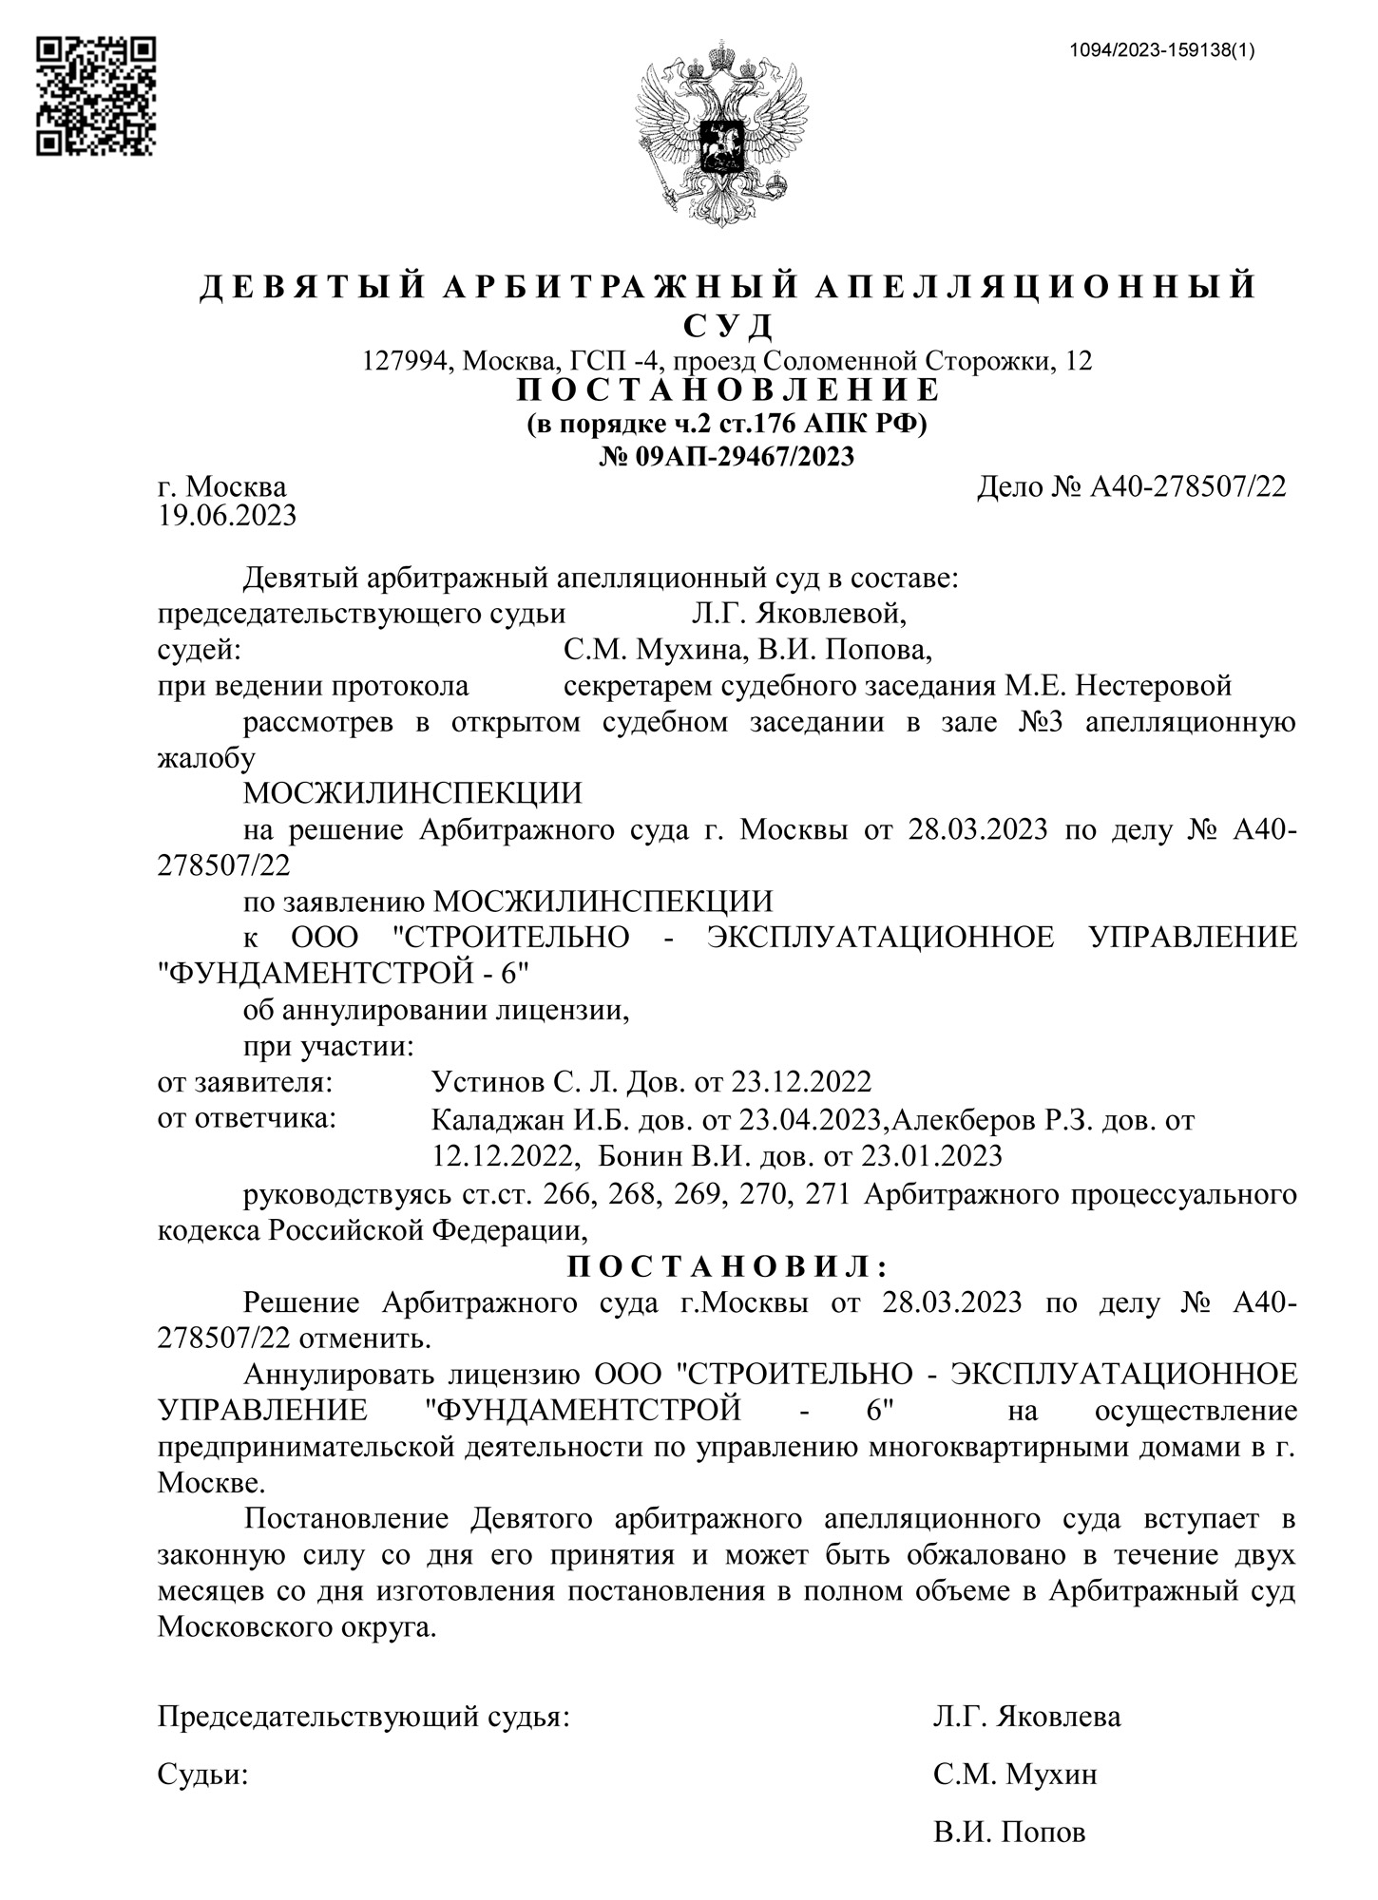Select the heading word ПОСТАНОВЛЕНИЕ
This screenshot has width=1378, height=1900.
click(727, 390)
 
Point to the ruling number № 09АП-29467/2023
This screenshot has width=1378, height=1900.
click(727, 457)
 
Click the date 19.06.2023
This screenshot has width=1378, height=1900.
click(227, 516)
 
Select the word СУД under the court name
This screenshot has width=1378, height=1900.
click(728, 326)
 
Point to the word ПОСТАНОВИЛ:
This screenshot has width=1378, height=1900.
click(727, 1266)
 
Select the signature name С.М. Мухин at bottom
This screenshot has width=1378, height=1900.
click(1015, 1774)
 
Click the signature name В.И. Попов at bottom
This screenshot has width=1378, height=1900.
click(1009, 1832)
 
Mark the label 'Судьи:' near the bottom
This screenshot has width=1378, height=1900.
click(202, 1774)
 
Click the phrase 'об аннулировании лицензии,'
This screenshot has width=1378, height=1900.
click(436, 1010)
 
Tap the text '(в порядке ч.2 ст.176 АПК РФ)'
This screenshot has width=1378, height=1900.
click(727, 424)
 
